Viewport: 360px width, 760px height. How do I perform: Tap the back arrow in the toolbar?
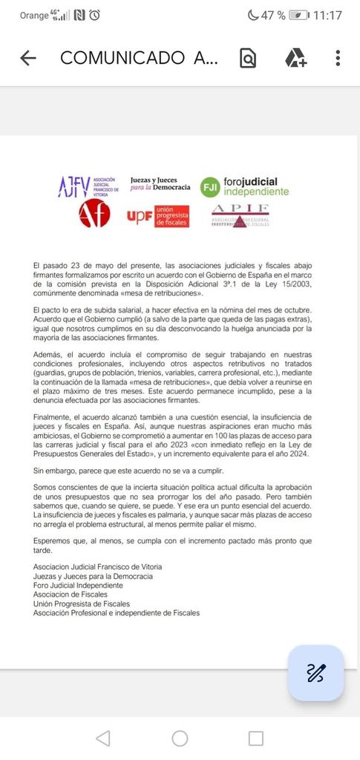[x=28, y=58]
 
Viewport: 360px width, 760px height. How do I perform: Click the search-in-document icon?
[x=248, y=58]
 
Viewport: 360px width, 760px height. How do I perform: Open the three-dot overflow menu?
[x=338, y=58]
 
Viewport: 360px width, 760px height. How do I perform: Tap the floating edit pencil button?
[x=315, y=672]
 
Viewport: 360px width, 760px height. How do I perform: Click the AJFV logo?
[x=88, y=186]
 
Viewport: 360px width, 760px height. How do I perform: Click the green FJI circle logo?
[x=209, y=187]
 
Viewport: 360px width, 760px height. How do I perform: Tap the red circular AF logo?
[x=94, y=214]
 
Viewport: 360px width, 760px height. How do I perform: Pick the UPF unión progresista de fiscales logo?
[x=157, y=216]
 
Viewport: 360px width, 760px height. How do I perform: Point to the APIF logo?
[x=239, y=214]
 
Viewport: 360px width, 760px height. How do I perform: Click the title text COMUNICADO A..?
[x=139, y=58]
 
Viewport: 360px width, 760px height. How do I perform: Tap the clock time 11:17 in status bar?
[x=327, y=15]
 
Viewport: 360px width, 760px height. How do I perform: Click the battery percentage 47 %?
[x=272, y=15]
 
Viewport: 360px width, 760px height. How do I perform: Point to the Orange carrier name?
[x=33, y=15]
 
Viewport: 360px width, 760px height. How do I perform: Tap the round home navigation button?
[x=180, y=738]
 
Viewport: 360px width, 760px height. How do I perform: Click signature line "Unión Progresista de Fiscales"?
[x=82, y=603]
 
